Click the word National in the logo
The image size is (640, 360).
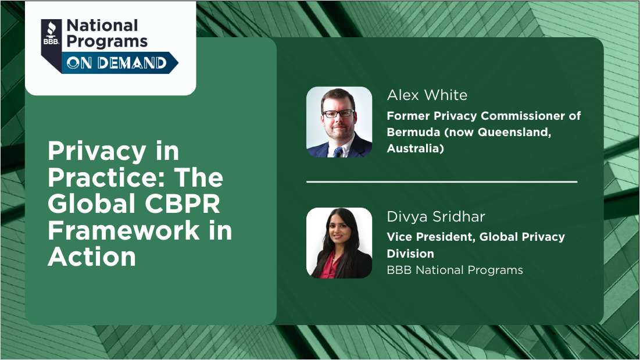pyautogui.click(x=102, y=26)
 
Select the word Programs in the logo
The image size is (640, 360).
pyautogui.click(x=107, y=41)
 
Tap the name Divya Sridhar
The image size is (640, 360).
pyautogui.click(x=435, y=217)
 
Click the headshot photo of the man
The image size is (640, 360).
pyautogui.click(x=339, y=122)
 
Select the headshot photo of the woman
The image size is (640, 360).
pyautogui.click(x=339, y=243)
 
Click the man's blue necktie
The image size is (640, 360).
pyautogui.click(x=338, y=152)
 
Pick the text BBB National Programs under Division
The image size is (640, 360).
pyautogui.click(x=455, y=270)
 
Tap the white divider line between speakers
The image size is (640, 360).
pyautogui.click(x=441, y=182)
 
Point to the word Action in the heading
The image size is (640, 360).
pyautogui.click(x=92, y=256)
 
